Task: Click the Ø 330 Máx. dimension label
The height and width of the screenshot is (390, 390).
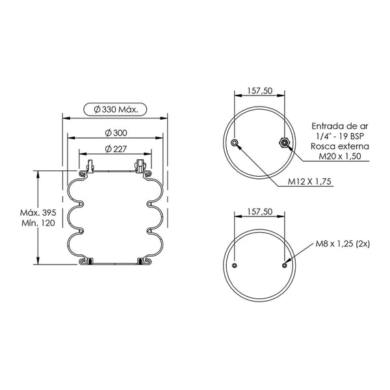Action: pyautogui.click(x=116, y=109)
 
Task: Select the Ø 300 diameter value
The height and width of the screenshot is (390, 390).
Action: pyautogui.click(x=116, y=133)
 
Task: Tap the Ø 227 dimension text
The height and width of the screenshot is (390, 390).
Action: pyautogui.click(x=116, y=149)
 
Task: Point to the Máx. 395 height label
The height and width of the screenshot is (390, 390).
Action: pyautogui.click(x=38, y=213)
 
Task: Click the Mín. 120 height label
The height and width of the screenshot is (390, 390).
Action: pyautogui.click(x=38, y=223)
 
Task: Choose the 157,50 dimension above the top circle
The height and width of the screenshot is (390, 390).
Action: pyautogui.click(x=259, y=91)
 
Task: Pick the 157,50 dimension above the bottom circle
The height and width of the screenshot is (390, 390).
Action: pyautogui.click(x=259, y=212)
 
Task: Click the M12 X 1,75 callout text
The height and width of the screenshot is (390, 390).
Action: pyautogui.click(x=309, y=181)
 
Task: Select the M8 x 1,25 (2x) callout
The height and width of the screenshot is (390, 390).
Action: pyautogui.click(x=343, y=244)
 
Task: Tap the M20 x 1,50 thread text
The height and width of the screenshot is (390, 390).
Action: pyautogui.click(x=340, y=156)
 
